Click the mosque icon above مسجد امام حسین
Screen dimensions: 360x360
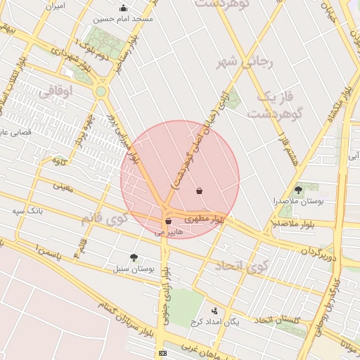tap(124, 8)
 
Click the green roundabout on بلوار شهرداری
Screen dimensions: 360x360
tap(101, 91)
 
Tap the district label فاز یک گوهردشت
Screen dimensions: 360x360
tap(276, 103)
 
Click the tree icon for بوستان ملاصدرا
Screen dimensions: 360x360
tap(298, 190)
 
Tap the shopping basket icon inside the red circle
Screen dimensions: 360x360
tap(200, 191)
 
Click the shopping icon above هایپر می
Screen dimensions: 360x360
tap(167, 221)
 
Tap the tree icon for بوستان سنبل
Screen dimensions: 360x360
tap(134, 258)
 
